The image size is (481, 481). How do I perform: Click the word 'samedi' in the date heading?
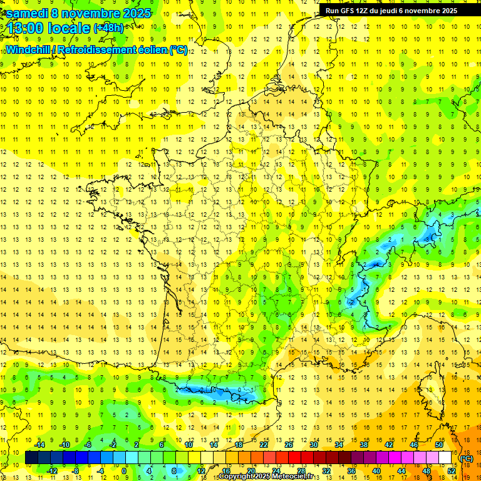26,13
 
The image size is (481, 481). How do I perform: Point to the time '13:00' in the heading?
25,28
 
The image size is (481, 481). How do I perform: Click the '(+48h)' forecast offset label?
108,28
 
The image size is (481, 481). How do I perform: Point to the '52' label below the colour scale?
452,471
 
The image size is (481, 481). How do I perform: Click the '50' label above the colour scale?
439,445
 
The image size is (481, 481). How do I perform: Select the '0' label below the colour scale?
124,471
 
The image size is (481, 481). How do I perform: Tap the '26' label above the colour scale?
289,445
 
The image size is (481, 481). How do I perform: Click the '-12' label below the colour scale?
51,471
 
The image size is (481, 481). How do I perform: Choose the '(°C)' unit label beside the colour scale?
467,458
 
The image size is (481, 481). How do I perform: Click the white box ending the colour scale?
445,458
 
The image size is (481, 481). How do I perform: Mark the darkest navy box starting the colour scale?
31,458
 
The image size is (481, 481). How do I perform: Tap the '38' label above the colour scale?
364,445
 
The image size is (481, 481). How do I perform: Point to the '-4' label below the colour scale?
100,471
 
